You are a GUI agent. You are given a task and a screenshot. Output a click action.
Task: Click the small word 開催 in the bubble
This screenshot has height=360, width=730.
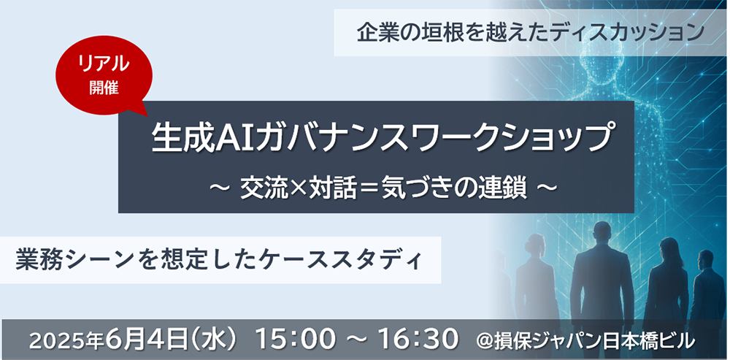coord(104,88)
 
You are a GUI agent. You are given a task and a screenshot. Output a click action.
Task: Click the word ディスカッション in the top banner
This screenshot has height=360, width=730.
coord(616,34)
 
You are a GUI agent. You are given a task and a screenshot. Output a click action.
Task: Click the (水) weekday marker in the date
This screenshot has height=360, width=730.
coord(217,340)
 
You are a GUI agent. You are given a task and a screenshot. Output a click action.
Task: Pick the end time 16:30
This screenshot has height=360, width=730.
coord(416,340)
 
